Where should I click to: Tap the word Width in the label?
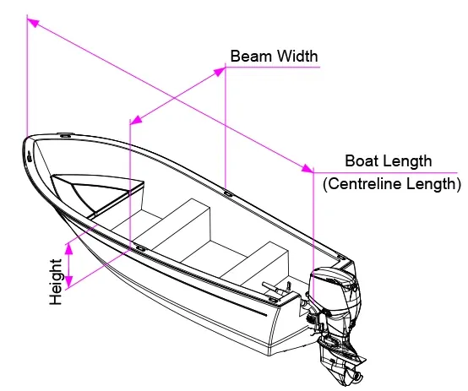click(x=297, y=56)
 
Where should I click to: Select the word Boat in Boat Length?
click(x=359, y=161)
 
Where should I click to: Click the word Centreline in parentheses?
click(x=363, y=184)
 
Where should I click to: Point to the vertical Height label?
click(x=56, y=282)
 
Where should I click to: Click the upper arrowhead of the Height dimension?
click(x=69, y=248)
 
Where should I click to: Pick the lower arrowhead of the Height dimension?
click(x=69, y=282)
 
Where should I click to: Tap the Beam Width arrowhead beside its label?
click(x=220, y=72)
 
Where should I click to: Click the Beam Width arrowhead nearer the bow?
click(x=137, y=119)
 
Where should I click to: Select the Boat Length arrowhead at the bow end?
click(x=34, y=23)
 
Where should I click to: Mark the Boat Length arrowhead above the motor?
click(x=307, y=169)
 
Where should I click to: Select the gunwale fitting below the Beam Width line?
click(x=229, y=194)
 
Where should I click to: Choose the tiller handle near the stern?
click(x=273, y=287)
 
